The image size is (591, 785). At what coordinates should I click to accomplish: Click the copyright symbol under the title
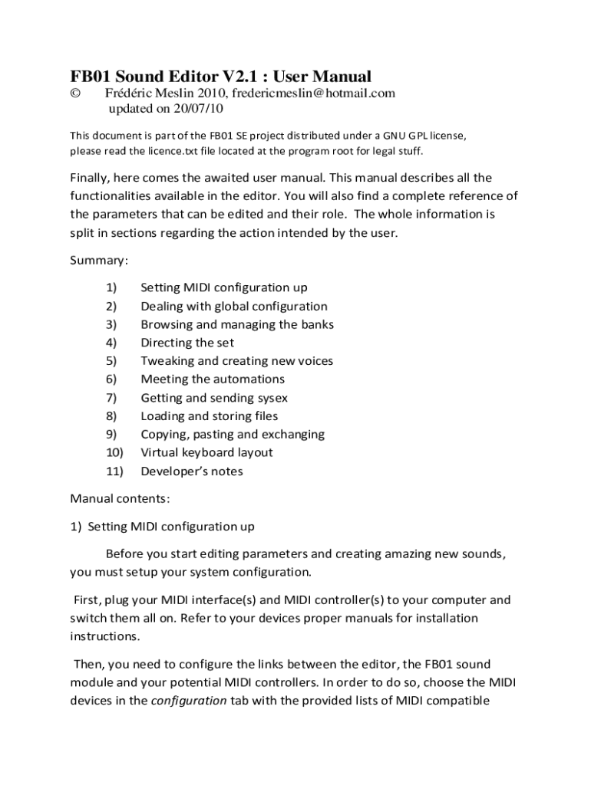click(x=75, y=94)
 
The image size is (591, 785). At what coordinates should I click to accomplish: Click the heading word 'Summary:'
click(x=100, y=260)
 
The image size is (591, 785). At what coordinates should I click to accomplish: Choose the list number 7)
click(x=111, y=398)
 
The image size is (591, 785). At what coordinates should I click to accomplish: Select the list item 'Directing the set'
click(x=187, y=343)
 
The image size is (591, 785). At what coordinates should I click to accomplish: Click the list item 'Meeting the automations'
click(x=213, y=379)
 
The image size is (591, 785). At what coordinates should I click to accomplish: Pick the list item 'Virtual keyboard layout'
click(x=206, y=452)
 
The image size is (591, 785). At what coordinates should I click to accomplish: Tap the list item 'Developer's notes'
click(x=192, y=471)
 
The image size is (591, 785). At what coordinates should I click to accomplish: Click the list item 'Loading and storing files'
click(x=210, y=416)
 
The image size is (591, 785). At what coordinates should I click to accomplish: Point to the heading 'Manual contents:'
click(x=120, y=498)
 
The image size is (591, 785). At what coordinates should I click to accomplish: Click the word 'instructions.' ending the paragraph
click(x=105, y=636)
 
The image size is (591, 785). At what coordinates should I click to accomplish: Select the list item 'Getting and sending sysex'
click(x=214, y=398)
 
